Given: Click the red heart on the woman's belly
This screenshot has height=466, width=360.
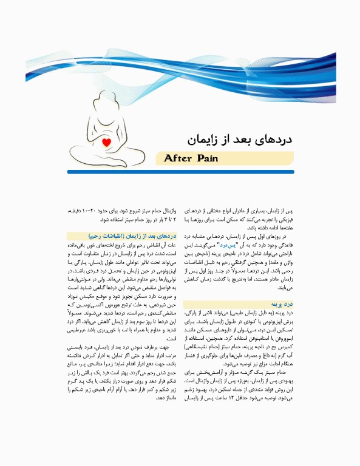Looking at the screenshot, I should [x=107, y=143].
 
